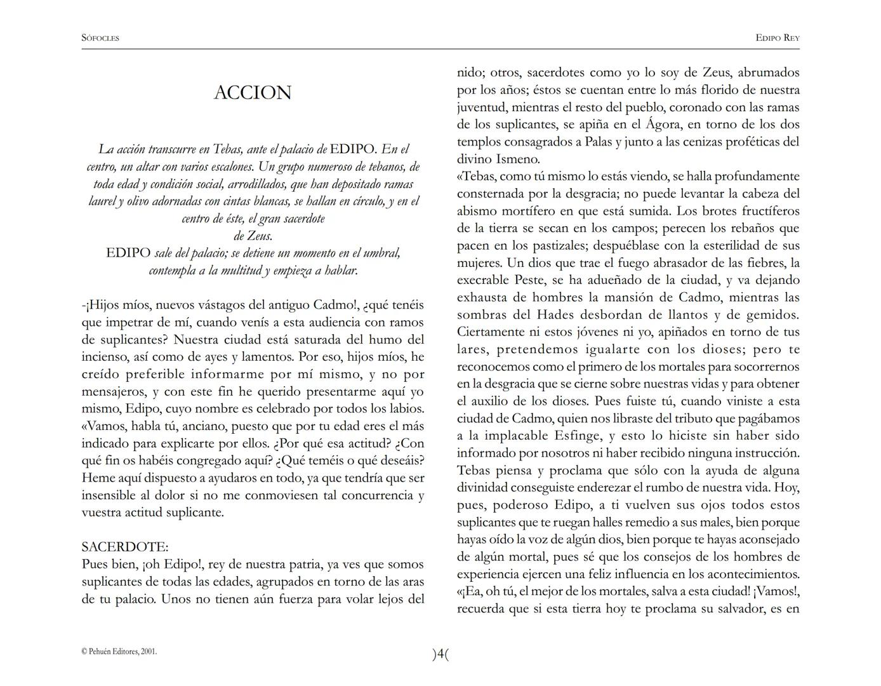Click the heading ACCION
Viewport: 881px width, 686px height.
coord(253,93)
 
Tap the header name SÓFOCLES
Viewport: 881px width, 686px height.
coord(100,38)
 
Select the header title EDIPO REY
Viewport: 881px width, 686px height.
coord(778,38)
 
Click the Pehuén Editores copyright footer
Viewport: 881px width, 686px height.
coord(119,651)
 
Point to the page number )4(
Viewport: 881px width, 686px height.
coord(440,654)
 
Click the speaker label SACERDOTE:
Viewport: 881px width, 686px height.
coord(125,547)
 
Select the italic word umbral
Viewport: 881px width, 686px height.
coord(383,253)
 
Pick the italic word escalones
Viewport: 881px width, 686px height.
coord(225,167)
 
